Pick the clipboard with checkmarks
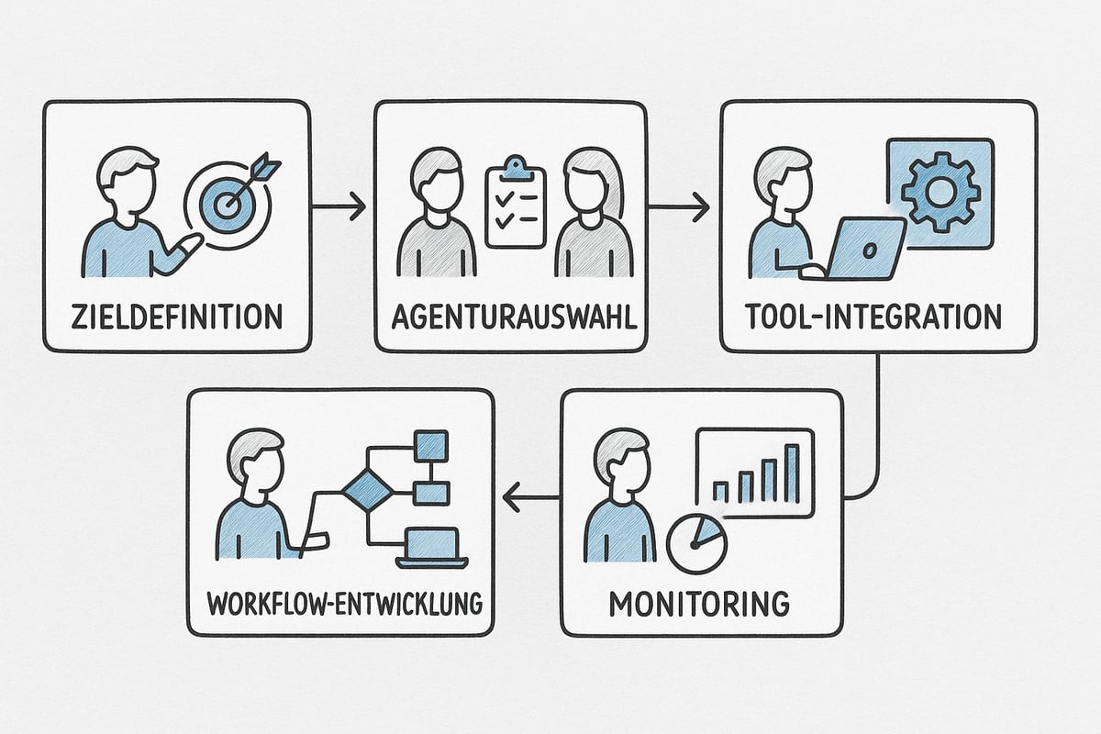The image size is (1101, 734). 515,207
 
